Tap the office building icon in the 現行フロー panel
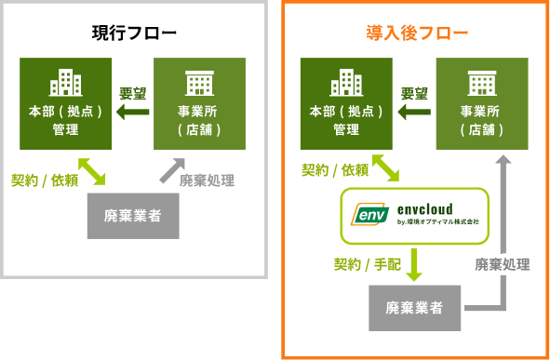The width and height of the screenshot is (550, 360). (x=66, y=82)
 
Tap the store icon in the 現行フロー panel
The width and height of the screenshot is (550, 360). (x=199, y=83)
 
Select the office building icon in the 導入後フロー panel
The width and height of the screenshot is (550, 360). (x=345, y=82)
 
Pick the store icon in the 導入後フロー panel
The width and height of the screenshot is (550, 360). (x=481, y=83)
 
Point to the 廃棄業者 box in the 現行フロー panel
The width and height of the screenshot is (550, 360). (x=133, y=216)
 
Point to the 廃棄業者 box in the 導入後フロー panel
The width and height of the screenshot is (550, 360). (x=415, y=307)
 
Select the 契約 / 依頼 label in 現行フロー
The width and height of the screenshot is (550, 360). (x=45, y=180)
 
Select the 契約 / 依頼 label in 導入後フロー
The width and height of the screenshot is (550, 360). (x=334, y=170)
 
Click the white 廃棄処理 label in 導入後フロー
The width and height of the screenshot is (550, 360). (x=503, y=264)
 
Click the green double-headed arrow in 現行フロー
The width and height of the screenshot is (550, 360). (x=91, y=171)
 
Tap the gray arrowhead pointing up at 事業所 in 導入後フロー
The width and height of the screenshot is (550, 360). (x=503, y=161)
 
